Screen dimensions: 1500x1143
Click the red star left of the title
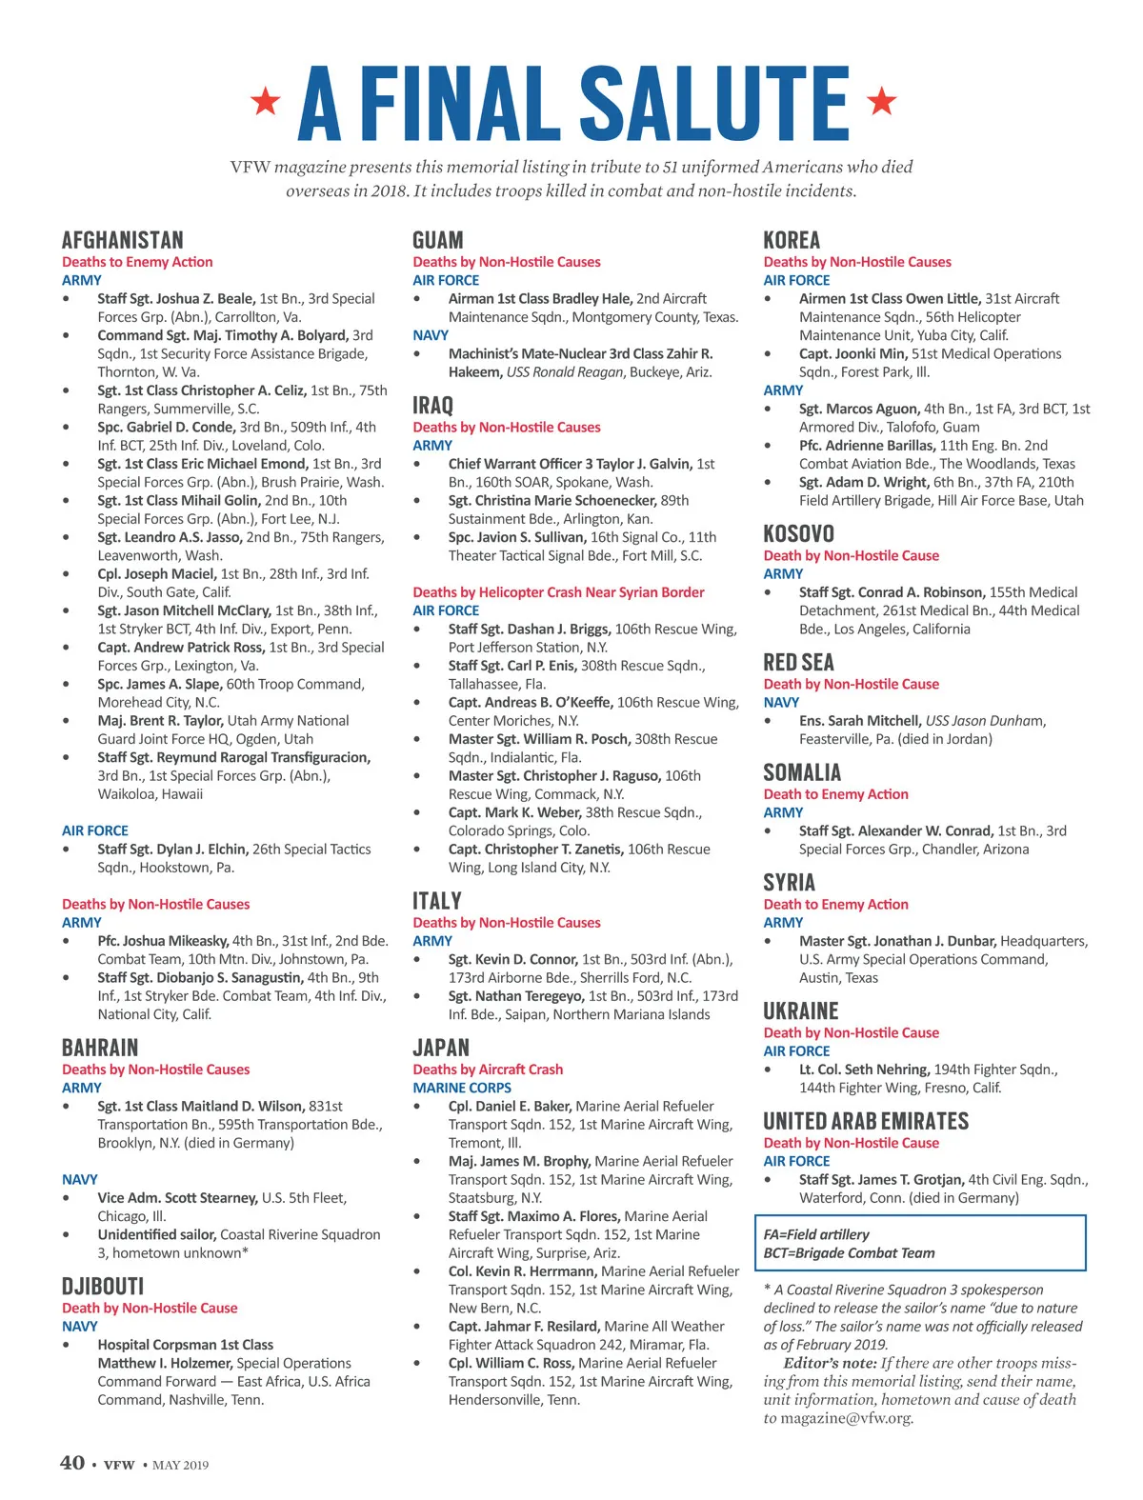pos(266,100)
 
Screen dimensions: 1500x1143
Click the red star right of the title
pos(882,100)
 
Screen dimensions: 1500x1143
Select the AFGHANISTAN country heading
pos(122,240)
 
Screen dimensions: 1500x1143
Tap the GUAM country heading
pos(437,240)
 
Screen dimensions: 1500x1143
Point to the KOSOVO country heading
pos(798,533)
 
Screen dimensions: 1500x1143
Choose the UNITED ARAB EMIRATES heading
pos(866,1121)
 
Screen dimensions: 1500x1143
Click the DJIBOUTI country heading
pos(102,1287)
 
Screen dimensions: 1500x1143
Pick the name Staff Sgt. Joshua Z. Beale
pos(176,299)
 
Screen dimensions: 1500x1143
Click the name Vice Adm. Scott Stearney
pos(177,1198)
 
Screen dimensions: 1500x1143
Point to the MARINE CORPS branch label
pos(462,1088)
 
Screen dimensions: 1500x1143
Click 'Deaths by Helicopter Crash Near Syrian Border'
pos(558,592)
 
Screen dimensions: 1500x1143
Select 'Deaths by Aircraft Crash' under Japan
pos(488,1070)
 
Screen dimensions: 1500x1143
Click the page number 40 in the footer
pos(72,1463)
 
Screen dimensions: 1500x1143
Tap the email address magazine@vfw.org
pos(846,1418)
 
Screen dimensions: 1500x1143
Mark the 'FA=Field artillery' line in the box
pos(816,1234)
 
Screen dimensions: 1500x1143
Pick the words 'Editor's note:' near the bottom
pos(830,1363)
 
